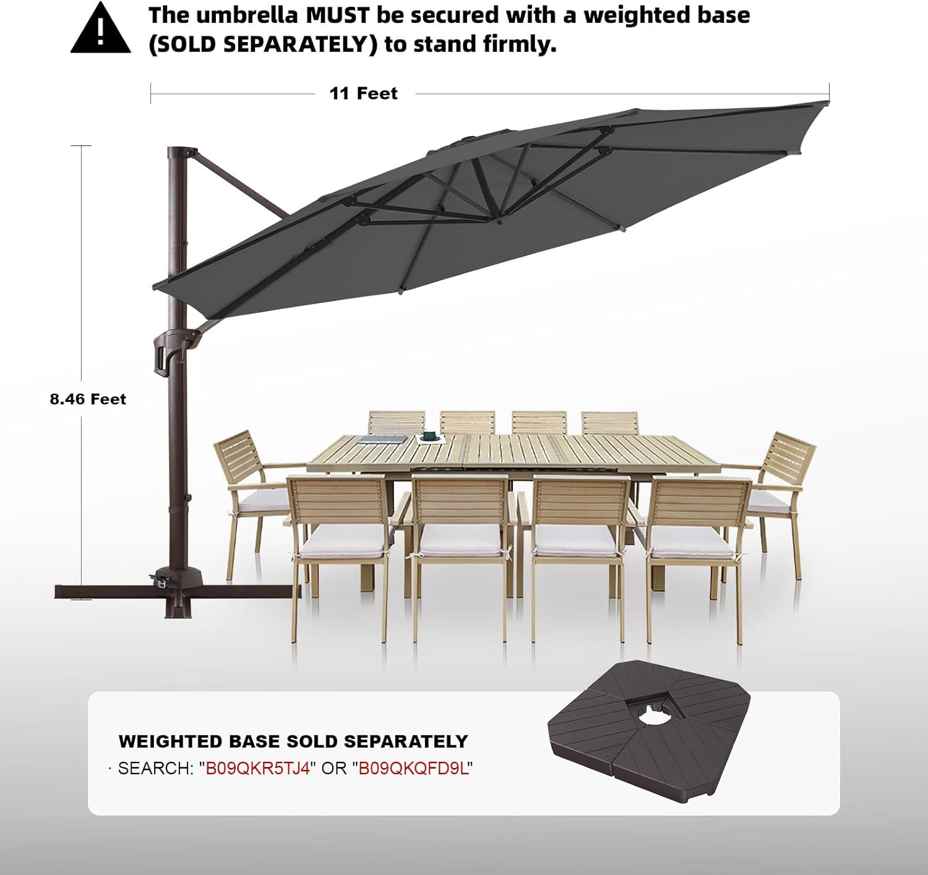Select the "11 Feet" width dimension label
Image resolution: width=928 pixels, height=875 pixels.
(363, 93)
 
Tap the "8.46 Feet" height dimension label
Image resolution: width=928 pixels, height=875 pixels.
(88, 399)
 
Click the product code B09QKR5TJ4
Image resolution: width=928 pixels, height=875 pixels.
(257, 768)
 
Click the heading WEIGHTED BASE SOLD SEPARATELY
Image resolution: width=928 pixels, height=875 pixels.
(293, 741)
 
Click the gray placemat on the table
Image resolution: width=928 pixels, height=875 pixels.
(382, 439)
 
